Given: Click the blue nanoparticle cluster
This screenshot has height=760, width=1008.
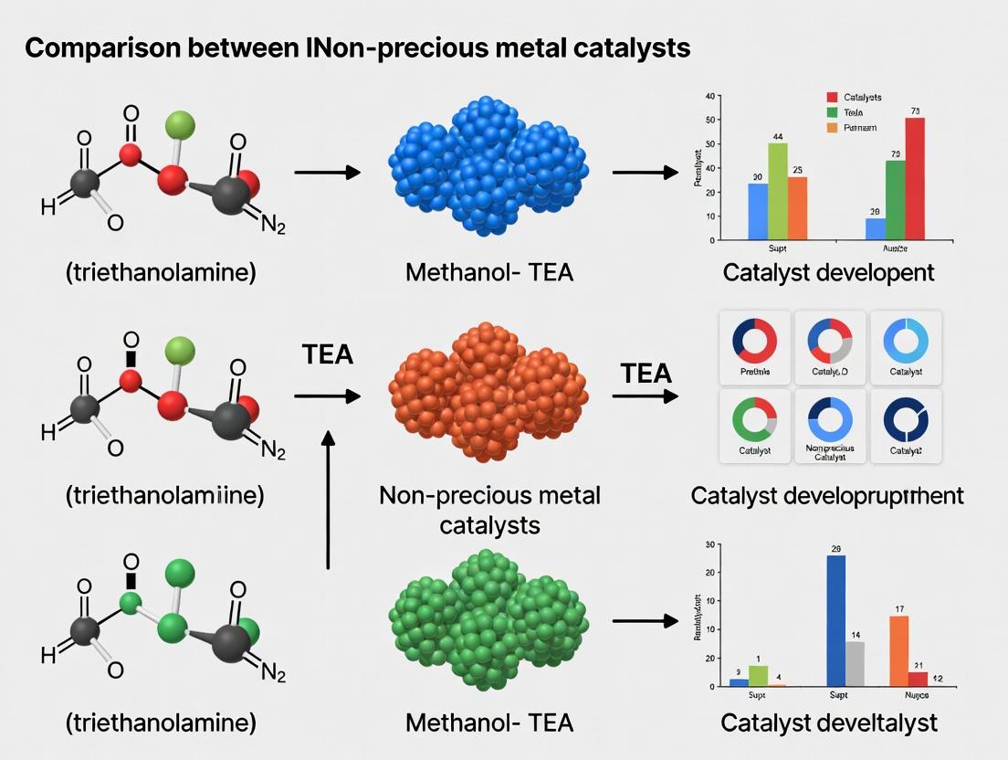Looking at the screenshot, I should click(488, 174).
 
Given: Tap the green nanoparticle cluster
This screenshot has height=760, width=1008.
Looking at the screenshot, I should click(488, 619).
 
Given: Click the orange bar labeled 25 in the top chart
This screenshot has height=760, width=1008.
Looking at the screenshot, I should click(797, 208).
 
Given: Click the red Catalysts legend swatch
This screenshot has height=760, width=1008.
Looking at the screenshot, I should click(832, 97).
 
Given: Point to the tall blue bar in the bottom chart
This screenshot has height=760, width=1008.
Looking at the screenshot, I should click(835, 620).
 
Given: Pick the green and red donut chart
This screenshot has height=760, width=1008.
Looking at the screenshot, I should click(754, 419).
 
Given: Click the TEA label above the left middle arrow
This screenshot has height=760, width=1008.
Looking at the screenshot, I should click(327, 354).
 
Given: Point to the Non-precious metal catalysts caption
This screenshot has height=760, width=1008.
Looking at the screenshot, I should click(489, 510).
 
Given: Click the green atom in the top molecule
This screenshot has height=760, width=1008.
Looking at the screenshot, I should click(181, 123).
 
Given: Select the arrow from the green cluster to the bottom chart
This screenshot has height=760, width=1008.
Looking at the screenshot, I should click(645, 621).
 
